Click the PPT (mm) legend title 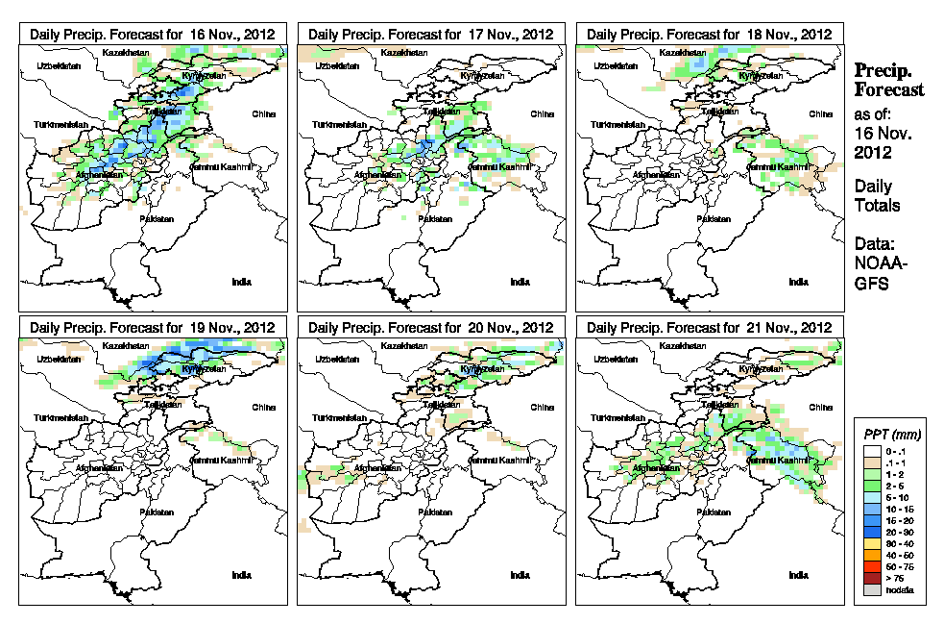point(892,435)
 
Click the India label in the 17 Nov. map point(520,282)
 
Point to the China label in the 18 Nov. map point(819,112)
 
